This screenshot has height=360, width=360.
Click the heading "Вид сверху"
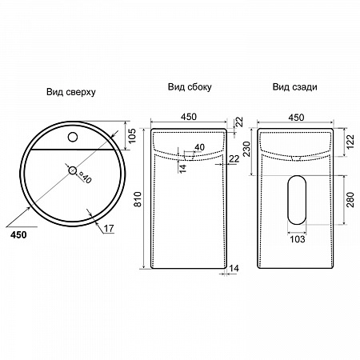(x=71, y=92)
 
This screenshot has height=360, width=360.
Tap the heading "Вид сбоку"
(x=190, y=87)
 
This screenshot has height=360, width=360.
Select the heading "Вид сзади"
(x=294, y=87)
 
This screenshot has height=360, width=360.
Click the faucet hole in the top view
(x=73, y=137)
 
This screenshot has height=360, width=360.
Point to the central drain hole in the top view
(x=73, y=170)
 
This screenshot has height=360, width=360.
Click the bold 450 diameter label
(x=18, y=235)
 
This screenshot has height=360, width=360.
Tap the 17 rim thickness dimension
(x=109, y=229)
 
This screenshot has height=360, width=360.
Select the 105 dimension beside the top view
(x=133, y=135)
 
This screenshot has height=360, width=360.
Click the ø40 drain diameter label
(x=85, y=177)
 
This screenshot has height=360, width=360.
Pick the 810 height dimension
(x=138, y=199)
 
